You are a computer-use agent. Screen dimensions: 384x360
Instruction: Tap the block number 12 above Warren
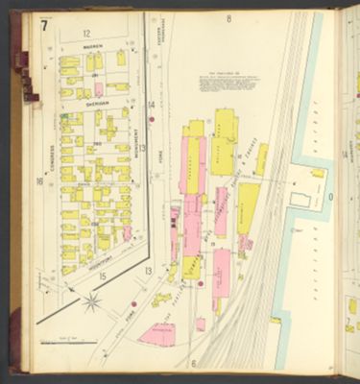86,34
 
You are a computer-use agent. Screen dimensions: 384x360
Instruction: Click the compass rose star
93,303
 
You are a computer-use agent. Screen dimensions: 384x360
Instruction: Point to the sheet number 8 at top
228,18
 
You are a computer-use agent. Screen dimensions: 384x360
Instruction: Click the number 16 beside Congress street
39,180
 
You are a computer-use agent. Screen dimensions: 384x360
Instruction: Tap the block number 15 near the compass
102,276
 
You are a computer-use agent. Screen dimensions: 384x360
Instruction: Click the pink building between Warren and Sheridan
98,89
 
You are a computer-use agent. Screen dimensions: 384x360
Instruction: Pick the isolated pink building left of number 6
156,334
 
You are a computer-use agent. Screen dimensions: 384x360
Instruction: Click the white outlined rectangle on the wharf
300,200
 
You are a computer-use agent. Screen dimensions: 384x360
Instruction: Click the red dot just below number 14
151,120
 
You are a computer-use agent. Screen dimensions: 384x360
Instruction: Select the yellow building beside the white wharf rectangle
318,173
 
